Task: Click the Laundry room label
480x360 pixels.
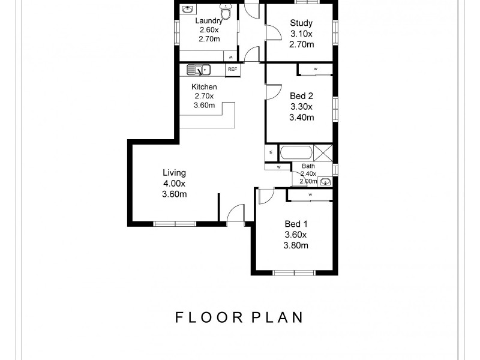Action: pyautogui.click(x=209, y=20)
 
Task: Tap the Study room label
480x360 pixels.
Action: pyautogui.click(x=301, y=23)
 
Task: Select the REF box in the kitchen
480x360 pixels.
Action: pyautogui.click(x=232, y=70)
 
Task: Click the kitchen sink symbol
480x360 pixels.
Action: pyautogui.click(x=197, y=70)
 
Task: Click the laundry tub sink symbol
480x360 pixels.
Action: pyautogui.click(x=187, y=10)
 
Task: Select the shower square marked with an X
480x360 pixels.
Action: pyautogui.click(x=323, y=152)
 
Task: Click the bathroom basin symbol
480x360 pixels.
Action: pyautogui.click(x=326, y=181)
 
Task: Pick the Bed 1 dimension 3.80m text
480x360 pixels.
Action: pyautogui.click(x=296, y=245)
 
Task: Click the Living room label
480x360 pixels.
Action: pyautogui.click(x=174, y=173)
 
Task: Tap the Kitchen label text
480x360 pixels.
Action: pyautogui.click(x=204, y=87)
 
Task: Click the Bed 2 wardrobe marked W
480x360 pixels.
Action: pyautogui.click(x=316, y=70)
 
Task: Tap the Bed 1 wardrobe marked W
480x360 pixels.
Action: pyautogui.click(x=310, y=195)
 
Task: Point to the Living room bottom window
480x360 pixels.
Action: pyautogui.click(x=175, y=224)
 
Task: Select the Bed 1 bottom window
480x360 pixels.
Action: pyautogui.click(x=295, y=273)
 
